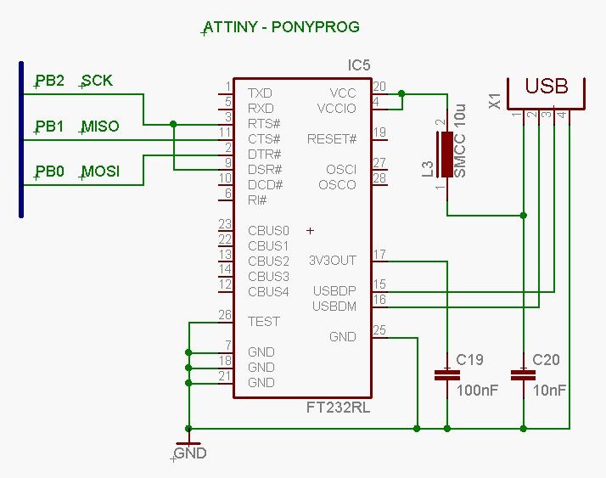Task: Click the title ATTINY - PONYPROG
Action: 282,27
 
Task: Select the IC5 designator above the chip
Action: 359,65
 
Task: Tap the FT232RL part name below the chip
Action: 338,408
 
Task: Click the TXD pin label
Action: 260,93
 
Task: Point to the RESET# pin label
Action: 332,139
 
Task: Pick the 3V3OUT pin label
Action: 333,261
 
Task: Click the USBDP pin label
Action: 334,291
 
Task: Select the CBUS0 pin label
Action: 268,230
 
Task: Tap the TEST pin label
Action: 264,322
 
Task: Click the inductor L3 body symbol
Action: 447,155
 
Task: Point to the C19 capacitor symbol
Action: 447,375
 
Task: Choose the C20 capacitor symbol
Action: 524,375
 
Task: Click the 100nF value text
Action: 477,391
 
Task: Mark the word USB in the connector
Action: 547,87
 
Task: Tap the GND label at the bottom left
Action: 189,453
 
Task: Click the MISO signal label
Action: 100,127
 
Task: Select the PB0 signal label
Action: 49,172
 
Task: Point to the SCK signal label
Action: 97,81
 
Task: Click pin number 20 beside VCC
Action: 379,86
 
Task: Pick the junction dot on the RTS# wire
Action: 173,124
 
